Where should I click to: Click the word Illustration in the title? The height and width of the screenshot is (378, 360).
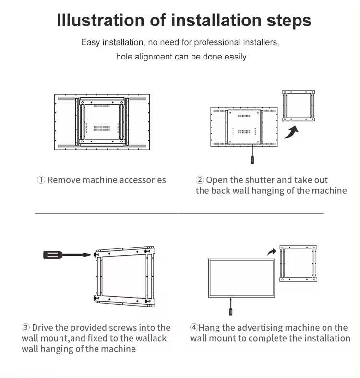coord(101,20)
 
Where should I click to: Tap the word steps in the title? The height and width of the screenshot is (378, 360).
coord(289,21)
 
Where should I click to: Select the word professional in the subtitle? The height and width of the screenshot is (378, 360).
coord(217,42)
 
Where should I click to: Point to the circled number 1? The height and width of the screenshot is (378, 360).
coord(41,179)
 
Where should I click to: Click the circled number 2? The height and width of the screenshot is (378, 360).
coord(200,179)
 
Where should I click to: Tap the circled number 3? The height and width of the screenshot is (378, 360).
coord(25,327)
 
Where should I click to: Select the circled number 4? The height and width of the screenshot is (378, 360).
coord(194,327)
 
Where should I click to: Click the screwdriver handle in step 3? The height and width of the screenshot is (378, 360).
coord(53,255)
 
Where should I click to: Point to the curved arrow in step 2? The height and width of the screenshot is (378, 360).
coord(291,132)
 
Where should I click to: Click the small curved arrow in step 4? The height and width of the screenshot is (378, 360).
coord(272,252)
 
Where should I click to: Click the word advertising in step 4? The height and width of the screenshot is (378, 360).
coord(258,328)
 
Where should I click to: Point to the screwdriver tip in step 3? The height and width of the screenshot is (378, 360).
coord(90,255)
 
